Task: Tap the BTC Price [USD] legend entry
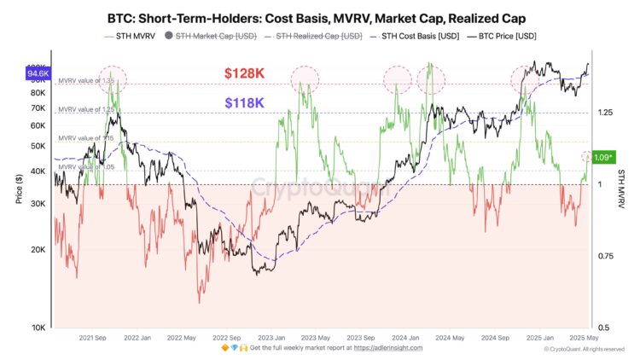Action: coord(503,36)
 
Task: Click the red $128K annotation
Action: coord(244,74)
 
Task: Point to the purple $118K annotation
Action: coord(244,102)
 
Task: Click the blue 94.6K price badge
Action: coord(38,74)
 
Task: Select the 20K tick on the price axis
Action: coord(38,250)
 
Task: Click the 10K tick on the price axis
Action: coord(38,328)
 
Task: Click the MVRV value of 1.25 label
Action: coord(85,109)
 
